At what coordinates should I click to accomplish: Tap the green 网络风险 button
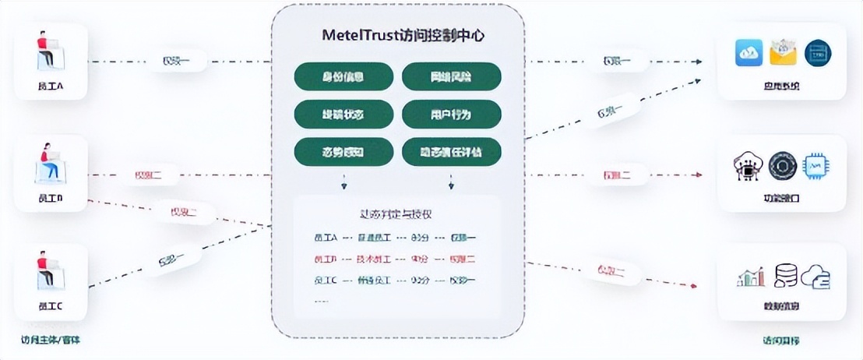pos(451,77)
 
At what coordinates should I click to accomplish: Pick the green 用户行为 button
pos(451,115)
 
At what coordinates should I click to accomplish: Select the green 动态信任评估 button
pos(451,151)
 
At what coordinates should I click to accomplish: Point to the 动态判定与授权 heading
pos(398,214)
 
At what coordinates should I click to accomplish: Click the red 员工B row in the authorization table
pos(398,259)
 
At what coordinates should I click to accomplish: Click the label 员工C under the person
pos(50,306)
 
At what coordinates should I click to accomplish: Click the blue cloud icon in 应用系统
pos(749,53)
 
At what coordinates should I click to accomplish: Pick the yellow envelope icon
pos(783,53)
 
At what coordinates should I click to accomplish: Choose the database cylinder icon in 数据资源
pos(784,276)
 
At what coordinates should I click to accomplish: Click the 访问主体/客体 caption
pos(50,340)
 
